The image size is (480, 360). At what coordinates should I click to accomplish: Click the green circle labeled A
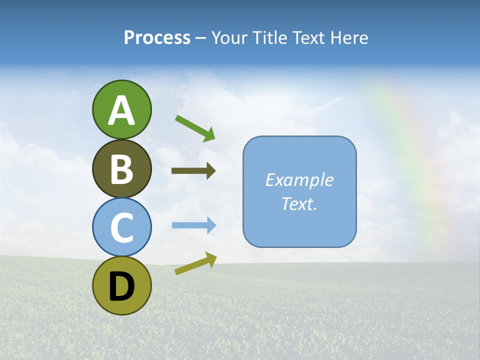pos(121,109)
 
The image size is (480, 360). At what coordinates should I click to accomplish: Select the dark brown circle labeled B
pos(121,168)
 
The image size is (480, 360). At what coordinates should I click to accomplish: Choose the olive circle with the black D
pos(121,285)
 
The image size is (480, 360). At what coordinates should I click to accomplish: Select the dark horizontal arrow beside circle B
pos(193,171)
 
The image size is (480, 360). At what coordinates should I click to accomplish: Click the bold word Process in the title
pos(157,37)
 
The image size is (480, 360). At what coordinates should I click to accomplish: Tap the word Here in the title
pos(349,37)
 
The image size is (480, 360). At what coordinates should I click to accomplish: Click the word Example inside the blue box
pos(299,180)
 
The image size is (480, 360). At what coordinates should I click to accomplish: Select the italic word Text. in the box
pos(299,203)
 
